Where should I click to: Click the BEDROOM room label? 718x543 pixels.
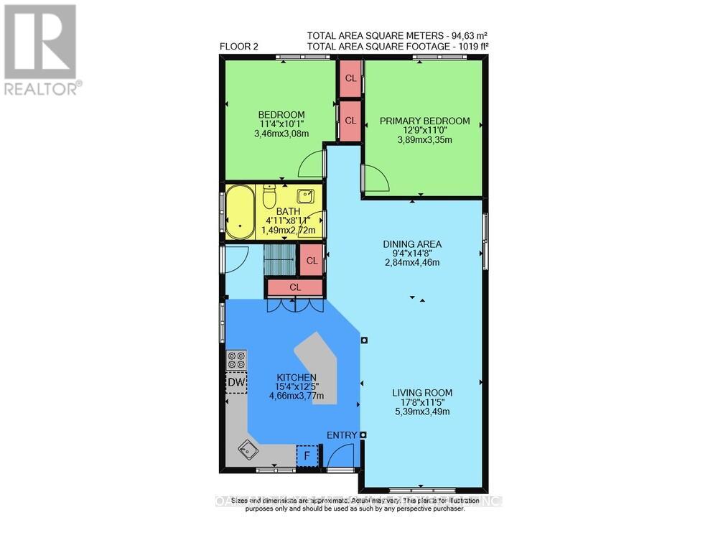[x=281, y=115]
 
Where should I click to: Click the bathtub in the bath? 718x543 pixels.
[x=240, y=213]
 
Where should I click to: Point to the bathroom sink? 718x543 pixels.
[x=305, y=196]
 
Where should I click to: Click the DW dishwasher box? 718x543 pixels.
[x=236, y=382]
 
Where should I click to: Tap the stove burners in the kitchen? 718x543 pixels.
[x=236, y=360]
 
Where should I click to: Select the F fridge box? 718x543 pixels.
[x=307, y=455]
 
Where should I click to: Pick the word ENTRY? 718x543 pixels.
[x=341, y=435]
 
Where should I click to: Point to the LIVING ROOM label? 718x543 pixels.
[x=422, y=392]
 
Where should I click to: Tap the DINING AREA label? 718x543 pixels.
[x=411, y=244]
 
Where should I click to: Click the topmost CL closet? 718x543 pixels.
[x=350, y=78]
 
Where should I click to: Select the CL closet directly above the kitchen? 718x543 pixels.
[x=295, y=287]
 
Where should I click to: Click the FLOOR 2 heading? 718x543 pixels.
[x=239, y=47]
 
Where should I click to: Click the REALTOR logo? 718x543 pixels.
[x=41, y=50]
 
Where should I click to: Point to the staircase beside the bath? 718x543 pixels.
[x=279, y=259]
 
